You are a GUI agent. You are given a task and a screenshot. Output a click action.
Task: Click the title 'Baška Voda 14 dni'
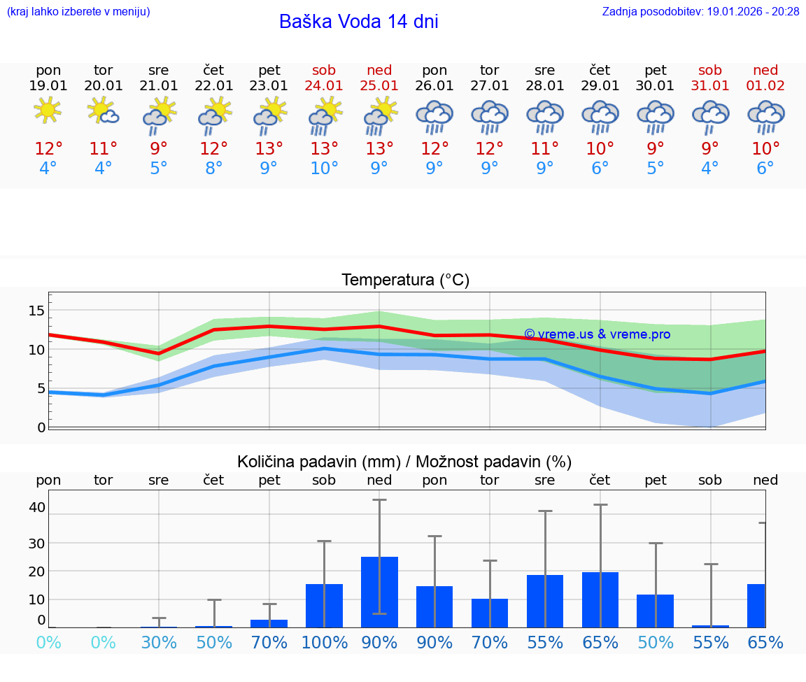[358, 22]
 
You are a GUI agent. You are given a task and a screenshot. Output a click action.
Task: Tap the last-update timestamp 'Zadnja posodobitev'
[700, 12]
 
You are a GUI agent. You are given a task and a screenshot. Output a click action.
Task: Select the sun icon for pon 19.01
[48, 110]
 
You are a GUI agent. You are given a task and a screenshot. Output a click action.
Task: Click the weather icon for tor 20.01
[103, 111]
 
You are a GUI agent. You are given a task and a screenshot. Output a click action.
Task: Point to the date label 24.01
[324, 85]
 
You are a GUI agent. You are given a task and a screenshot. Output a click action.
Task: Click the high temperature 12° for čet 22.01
[214, 148]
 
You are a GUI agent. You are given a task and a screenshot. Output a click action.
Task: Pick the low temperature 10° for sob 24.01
[324, 168]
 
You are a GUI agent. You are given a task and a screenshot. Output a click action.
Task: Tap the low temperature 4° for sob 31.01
[710, 168]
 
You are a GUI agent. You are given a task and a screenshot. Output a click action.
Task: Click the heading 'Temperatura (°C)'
[405, 280]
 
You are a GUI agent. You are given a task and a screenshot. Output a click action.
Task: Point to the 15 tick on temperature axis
[37, 311]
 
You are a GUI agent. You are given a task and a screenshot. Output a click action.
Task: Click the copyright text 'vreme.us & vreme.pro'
[597, 334]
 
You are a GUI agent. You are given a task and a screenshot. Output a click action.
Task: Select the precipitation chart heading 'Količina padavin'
[404, 462]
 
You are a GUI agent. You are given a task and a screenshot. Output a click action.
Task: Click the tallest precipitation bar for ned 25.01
[379, 592]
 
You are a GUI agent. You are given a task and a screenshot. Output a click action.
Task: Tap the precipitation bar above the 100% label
[324, 605]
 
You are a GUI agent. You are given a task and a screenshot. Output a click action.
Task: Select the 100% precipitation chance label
[324, 642]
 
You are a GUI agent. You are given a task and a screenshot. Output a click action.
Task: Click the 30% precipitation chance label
[159, 642]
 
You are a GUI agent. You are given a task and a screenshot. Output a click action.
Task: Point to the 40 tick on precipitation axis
[37, 507]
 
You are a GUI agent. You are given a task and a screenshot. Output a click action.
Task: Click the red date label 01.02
[765, 85]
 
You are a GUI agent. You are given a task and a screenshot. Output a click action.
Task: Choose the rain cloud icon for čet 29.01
[600, 116]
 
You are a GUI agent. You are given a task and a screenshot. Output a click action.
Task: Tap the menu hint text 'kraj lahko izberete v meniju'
[78, 12]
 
